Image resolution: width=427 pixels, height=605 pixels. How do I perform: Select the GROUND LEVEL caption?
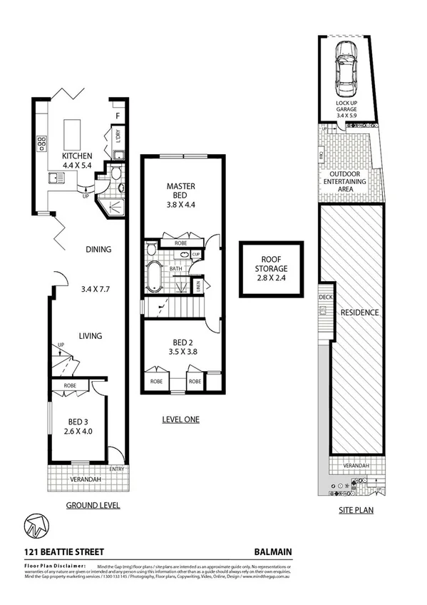click(x=93, y=505)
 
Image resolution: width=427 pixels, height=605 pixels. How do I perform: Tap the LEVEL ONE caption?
click(x=181, y=420)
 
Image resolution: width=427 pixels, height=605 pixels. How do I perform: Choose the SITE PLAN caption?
click(x=356, y=511)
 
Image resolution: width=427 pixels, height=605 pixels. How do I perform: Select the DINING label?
click(x=98, y=250)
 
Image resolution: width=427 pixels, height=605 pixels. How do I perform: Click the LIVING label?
click(x=90, y=336)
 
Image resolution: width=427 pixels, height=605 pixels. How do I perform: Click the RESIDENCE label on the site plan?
click(x=359, y=312)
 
